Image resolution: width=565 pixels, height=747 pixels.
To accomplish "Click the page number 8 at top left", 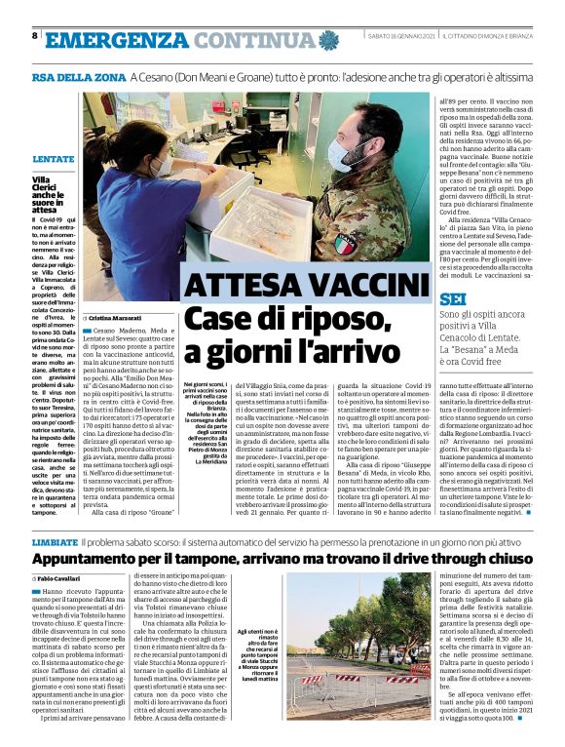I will [x=34, y=36].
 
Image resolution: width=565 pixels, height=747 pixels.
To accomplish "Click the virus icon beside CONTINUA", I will [x=328, y=40].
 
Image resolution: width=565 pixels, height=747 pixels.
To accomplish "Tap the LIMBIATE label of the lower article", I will [x=54, y=539].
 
